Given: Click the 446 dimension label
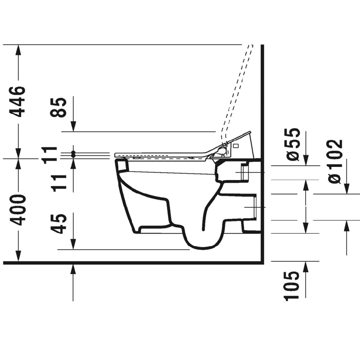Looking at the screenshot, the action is click(17, 102).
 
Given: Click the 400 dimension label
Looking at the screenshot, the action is click(17, 210).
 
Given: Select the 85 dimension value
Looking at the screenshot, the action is click(59, 108).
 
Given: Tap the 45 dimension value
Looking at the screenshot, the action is click(59, 224).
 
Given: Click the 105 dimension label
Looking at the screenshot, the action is click(292, 286).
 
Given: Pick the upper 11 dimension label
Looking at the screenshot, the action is click(49, 155).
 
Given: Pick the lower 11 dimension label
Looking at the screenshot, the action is click(59, 183).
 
